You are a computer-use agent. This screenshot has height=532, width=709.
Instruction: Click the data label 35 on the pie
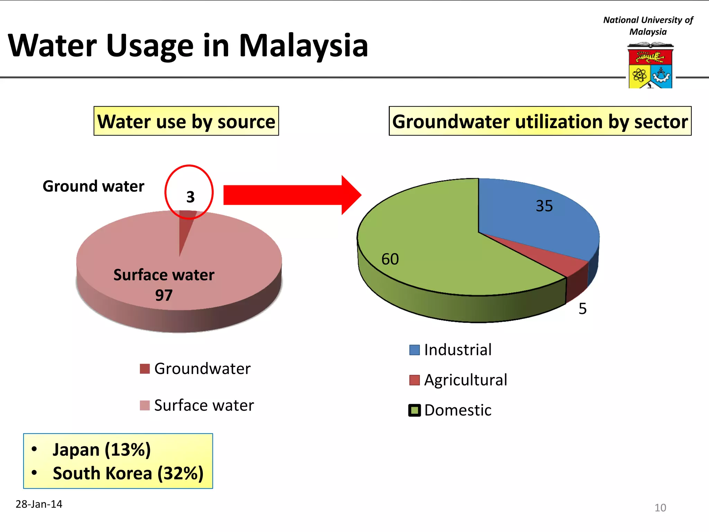click(544, 206)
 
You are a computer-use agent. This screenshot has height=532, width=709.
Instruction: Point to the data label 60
click(390, 259)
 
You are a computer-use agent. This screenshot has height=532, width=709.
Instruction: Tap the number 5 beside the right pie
click(582, 309)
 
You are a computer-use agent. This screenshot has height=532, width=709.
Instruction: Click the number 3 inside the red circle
click(190, 197)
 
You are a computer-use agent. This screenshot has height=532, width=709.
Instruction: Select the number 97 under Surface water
click(164, 295)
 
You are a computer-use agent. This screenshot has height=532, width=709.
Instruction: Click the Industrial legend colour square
click(414, 350)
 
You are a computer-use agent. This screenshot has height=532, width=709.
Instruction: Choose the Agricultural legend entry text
click(466, 380)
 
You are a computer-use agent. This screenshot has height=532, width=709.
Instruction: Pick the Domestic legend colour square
click(414, 410)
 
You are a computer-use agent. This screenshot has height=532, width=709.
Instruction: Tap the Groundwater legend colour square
click(145, 369)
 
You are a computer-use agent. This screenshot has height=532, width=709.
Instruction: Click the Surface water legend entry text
click(204, 405)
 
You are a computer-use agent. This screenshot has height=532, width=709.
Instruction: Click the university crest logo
click(650, 66)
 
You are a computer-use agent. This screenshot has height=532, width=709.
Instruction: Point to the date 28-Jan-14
click(39, 504)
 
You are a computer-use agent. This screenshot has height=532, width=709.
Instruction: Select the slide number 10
click(660, 507)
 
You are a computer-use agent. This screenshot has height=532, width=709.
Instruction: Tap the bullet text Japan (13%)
click(101, 450)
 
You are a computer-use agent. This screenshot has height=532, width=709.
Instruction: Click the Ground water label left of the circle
click(93, 186)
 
